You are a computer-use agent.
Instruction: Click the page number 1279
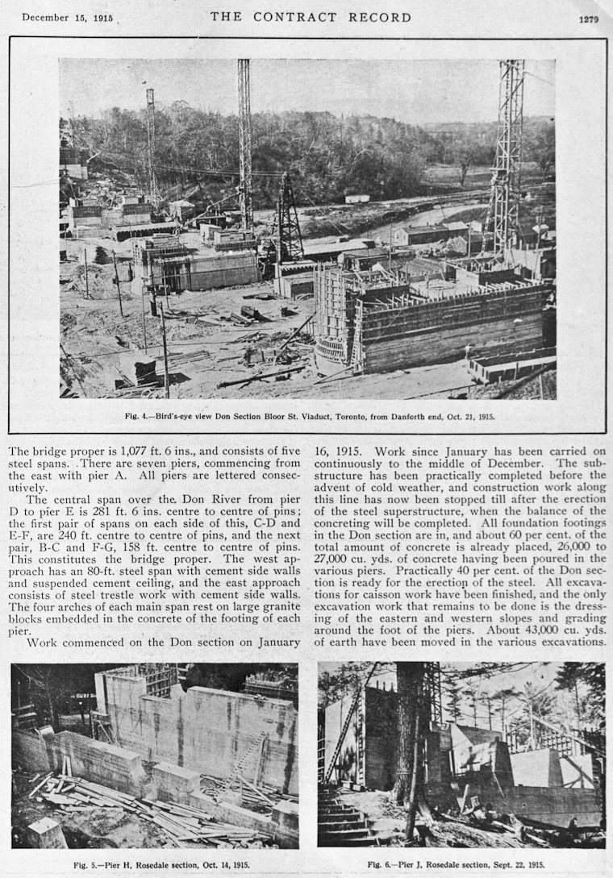click(588, 19)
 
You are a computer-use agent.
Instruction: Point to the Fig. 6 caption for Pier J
click(461, 865)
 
